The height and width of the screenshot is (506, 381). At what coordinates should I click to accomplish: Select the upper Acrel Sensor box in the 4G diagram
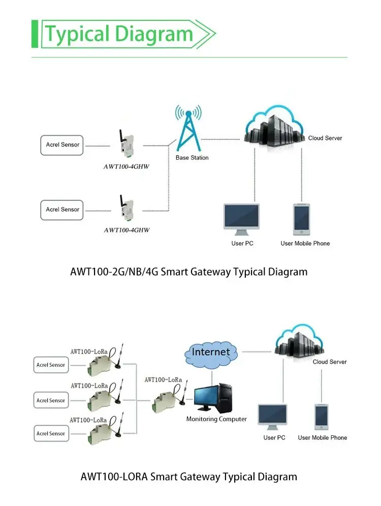[x=62, y=145]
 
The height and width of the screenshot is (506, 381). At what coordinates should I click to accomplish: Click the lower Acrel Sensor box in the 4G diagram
[x=62, y=210]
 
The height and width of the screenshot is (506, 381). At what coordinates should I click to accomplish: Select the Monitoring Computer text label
[x=216, y=419]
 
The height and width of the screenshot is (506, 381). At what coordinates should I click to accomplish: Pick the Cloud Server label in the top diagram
[x=325, y=138]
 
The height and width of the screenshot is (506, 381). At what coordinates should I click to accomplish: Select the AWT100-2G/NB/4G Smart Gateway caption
[x=188, y=272]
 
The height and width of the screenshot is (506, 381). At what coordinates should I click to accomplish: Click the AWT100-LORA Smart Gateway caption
[x=188, y=477]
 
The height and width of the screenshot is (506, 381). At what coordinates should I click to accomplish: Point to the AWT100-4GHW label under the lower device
[x=126, y=230]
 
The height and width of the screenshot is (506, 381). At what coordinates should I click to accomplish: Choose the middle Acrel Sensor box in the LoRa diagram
[x=51, y=400]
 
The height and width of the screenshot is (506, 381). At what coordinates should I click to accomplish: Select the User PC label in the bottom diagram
[x=274, y=437]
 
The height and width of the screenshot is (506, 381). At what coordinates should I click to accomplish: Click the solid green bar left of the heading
[x=35, y=34]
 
